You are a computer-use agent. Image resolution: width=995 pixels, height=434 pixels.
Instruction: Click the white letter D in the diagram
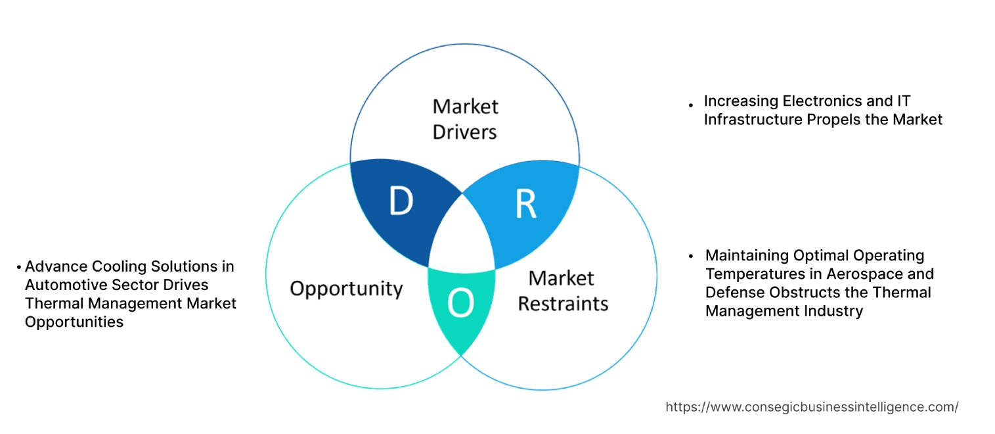(x=401, y=201)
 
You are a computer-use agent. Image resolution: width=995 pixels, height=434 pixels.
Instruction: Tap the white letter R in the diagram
(x=525, y=205)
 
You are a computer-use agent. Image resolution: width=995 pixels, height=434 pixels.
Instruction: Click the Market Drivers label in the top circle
(x=465, y=119)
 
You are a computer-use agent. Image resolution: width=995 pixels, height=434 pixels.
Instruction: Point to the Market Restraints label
(x=563, y=291)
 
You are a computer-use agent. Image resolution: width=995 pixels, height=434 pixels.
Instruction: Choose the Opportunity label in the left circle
(x=346, y=288)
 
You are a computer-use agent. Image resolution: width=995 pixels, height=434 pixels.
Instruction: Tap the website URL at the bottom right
(x=812, y=407)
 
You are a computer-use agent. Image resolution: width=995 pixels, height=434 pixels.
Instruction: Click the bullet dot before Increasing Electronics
(x=691, y=105)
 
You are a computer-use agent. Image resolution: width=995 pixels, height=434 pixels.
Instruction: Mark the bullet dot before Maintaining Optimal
(x=691, y=256)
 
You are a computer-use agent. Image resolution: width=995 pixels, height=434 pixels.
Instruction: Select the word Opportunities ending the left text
(x=74, y=322)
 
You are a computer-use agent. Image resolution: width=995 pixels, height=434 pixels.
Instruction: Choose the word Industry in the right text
(x=833, y=310)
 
